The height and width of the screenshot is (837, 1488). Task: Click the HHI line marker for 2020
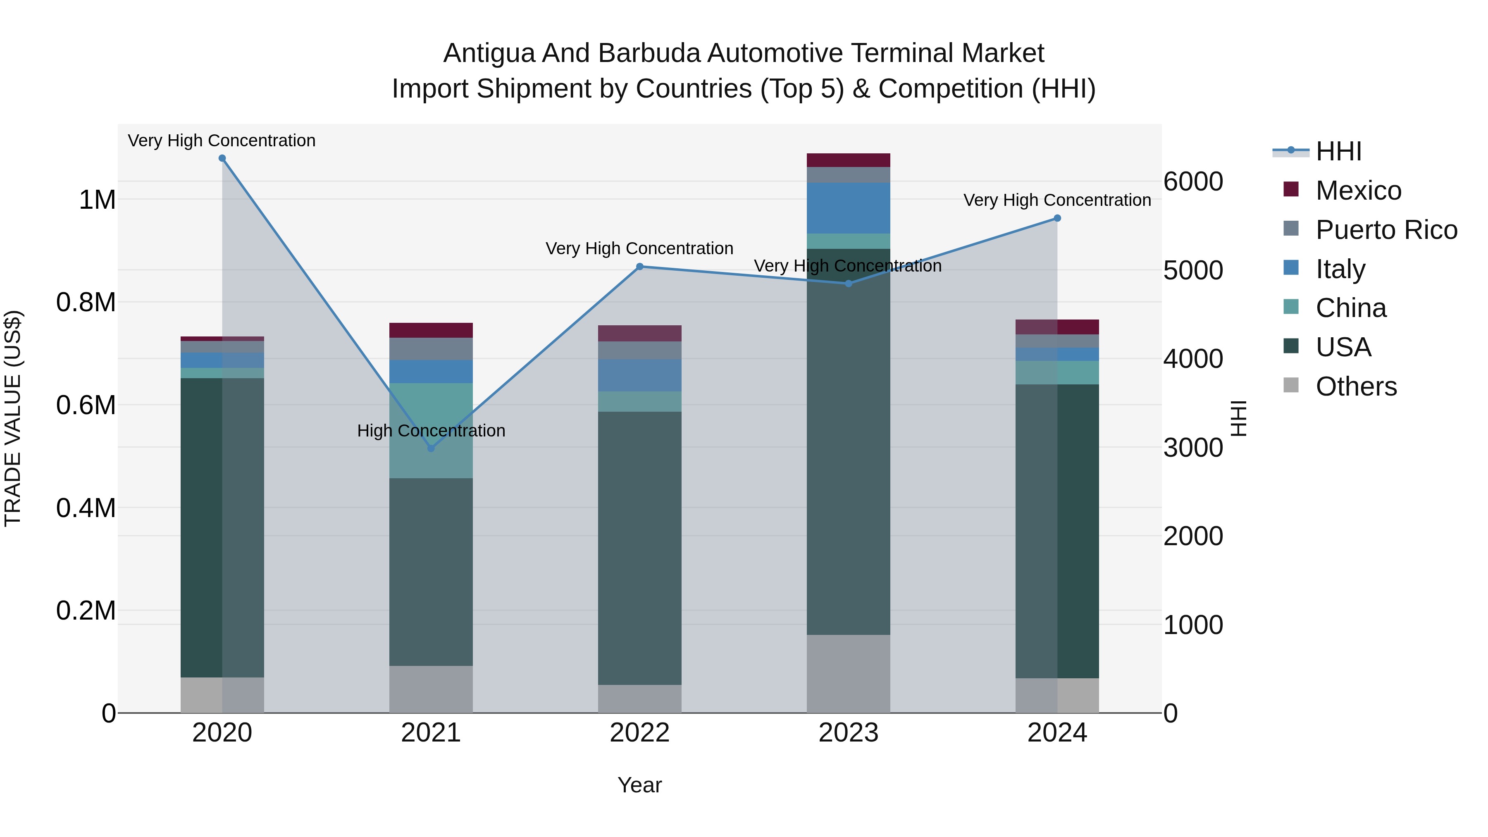coord(222,158)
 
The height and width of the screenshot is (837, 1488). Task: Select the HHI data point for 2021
coord(431,448)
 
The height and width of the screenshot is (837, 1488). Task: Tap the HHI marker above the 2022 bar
coord(639,267)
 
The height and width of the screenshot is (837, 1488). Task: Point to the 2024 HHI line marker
coord(1057,218)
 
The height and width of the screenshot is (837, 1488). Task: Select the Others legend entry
coord(1355,386)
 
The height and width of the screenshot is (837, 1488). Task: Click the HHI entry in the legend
coord(1338,151)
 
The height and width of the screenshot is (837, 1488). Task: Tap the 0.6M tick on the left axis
coord(86,405)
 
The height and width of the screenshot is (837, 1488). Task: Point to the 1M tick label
coord(97,200)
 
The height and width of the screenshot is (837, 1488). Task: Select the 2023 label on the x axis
coord(848,733)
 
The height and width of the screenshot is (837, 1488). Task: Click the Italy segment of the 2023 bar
coord(848,208)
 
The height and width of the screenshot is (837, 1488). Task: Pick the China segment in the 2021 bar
coord(431,430)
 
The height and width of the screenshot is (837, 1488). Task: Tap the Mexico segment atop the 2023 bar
coord(848,160)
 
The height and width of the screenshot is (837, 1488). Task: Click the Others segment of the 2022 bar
coord(639,699)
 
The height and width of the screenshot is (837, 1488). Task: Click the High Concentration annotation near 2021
coord(431,431)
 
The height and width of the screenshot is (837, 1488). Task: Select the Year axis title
coord(639,785)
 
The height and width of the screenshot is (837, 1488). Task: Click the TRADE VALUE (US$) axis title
coord(13,418)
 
